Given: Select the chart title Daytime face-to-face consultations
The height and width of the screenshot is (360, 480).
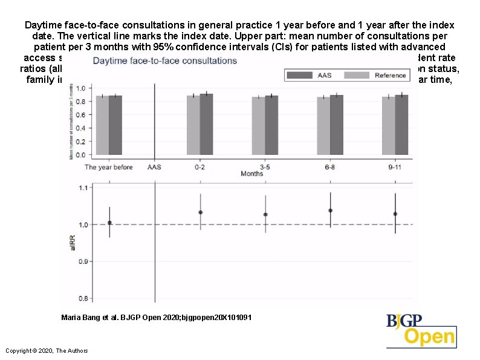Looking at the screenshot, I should (165, 61).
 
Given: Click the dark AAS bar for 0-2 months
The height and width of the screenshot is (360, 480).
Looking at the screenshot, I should (206, 124).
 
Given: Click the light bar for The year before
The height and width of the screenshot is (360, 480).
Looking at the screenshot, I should (102, 125).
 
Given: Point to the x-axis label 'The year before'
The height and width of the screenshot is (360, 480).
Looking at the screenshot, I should (108, 167).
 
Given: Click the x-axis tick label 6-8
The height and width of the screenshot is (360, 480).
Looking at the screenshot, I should (330, 167).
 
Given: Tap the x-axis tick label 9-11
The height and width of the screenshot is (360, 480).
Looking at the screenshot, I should (395, 167).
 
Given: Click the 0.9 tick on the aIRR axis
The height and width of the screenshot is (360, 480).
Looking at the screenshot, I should (83, 261).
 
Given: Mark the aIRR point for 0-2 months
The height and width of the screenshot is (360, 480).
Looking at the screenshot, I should (201, 212).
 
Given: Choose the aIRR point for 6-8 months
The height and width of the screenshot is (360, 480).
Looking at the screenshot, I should (331, 211).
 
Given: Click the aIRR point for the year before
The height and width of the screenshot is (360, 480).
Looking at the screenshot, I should (109, 223).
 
